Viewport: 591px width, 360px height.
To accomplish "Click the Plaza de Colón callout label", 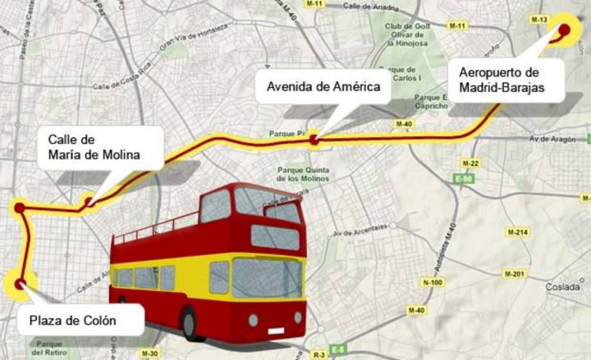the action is click(73, 320).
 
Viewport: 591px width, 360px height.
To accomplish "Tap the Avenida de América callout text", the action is click(324, 86).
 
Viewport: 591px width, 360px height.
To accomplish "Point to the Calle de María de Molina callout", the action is click(95, 147).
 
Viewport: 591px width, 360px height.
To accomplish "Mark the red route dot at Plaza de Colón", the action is click(19, 284).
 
